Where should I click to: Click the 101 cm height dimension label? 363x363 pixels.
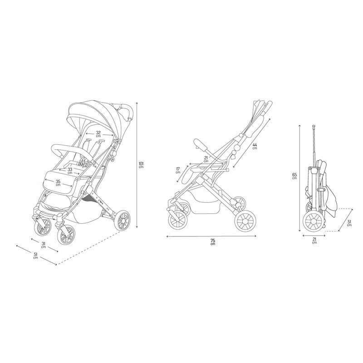141,165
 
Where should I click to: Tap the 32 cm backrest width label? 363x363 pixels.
98,134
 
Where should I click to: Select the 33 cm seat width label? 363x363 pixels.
70,171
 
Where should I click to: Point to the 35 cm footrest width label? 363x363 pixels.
59,183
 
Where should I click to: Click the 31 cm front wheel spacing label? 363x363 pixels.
43,245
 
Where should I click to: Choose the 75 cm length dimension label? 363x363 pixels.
213,242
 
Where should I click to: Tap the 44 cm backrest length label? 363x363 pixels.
255,146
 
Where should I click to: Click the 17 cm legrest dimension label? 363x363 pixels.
178,171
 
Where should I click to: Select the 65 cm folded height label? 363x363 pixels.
294,176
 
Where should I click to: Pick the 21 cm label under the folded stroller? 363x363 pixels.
314,240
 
